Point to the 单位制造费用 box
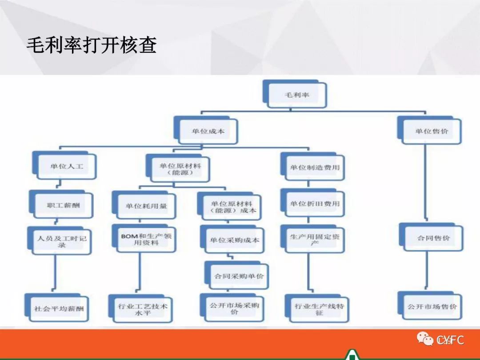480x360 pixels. coord(315,168)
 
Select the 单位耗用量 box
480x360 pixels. coord(146,206)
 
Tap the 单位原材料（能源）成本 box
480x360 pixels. coord(233,207)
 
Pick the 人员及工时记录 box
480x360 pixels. coord(62,241)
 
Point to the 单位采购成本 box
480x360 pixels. coord(235,240)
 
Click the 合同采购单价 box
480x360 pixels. coord(239,276)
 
